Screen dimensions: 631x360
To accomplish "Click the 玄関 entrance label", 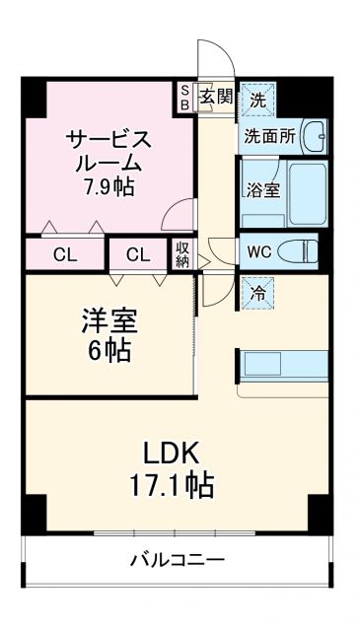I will pos(217,97).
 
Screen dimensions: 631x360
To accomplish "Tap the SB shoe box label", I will pos(184,97).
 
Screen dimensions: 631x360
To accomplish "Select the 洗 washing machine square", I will pos(256,99).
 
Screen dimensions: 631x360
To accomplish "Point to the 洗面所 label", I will pos(269,136).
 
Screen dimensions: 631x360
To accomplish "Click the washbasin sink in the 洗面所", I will pos(314,135).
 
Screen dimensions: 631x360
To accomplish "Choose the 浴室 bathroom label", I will pos(262,190).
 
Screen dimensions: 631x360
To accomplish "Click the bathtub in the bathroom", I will pos(305,190).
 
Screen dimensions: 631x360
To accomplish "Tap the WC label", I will pos(259,250).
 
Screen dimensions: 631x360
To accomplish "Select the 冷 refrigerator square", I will pos(255,293).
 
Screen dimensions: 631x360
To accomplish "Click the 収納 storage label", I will pos(183,254).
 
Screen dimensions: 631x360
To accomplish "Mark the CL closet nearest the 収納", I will pos(138,255).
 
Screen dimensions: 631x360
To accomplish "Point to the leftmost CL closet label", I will pos(65,255).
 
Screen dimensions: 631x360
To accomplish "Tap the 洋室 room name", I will pos(108,320).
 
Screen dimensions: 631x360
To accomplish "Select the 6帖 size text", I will pos(108,349).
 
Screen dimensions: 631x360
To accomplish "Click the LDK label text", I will pos(175,454).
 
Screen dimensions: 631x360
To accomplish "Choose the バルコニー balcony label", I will pos(178,561).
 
